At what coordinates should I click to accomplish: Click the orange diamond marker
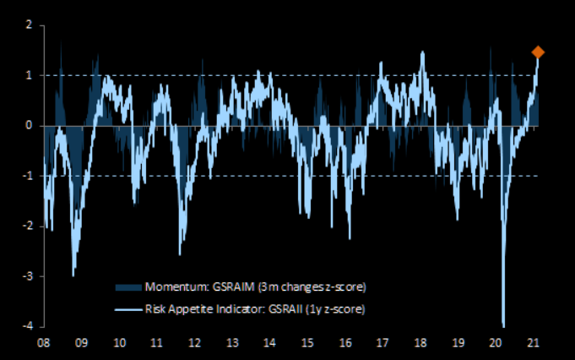point(538,52)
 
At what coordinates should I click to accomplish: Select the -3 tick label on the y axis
point(28,276)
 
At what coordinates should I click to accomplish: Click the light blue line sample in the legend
point(129,308)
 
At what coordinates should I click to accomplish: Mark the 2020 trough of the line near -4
point(504,325)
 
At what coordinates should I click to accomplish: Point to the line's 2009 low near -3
point(73,275)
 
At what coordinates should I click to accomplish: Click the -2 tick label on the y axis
point(28,226)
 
